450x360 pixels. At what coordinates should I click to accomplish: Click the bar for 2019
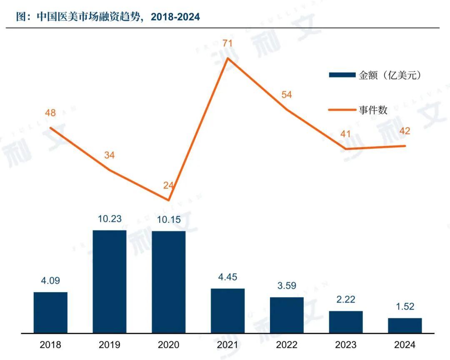point(110,281)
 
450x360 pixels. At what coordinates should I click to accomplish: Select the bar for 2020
point(168,282)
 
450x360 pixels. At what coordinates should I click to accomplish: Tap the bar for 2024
point(405,325)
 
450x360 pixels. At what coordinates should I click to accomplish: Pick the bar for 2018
point(50,312)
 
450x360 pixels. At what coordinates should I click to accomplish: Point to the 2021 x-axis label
point(227,345)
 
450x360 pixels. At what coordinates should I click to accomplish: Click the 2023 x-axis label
point(346,345)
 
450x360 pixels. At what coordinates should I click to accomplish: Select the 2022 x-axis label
point(287,345)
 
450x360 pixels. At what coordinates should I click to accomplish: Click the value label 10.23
point(110,218)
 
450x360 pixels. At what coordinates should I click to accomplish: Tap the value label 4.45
point(227,277)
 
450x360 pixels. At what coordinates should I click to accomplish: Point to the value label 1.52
point(405,306)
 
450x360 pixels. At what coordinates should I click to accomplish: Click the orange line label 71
point(227,43)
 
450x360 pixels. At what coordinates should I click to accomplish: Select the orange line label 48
point(50,113)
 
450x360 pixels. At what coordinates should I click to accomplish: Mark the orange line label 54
point(287,95)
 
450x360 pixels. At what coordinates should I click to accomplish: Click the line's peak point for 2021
point(227,58)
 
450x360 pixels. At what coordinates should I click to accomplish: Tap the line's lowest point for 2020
point(168,200)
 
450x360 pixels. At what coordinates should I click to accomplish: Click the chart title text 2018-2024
point(175,17)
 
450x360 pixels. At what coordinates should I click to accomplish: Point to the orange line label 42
point(405,131)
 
